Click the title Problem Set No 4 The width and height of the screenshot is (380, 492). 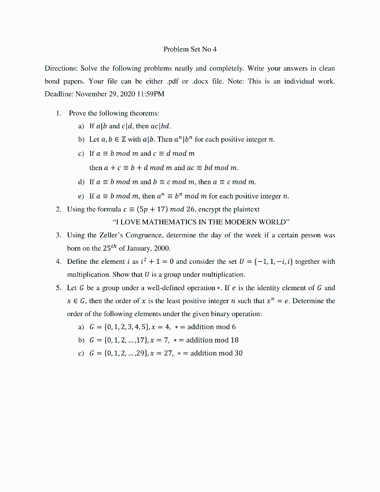[190, 49]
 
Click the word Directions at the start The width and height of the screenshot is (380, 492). [61, 69]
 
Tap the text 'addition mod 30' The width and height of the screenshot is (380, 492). [216, 353]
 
